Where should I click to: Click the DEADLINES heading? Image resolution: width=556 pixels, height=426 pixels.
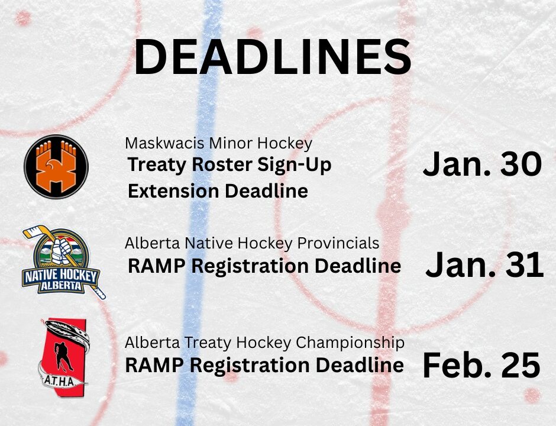272,57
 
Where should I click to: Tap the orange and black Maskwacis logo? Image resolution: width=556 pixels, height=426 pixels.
56,166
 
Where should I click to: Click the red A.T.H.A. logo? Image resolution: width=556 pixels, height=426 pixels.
64,356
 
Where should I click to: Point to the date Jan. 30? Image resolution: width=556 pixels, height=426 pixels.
482,164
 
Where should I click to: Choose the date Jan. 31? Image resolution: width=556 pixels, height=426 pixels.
484,264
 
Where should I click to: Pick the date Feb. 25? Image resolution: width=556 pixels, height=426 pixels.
481,365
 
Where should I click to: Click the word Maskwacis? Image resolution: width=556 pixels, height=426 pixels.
165,143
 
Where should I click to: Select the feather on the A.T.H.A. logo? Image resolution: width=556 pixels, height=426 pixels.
67,333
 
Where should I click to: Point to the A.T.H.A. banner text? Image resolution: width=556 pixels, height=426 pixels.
59,382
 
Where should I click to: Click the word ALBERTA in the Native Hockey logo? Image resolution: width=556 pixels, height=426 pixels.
60,286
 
